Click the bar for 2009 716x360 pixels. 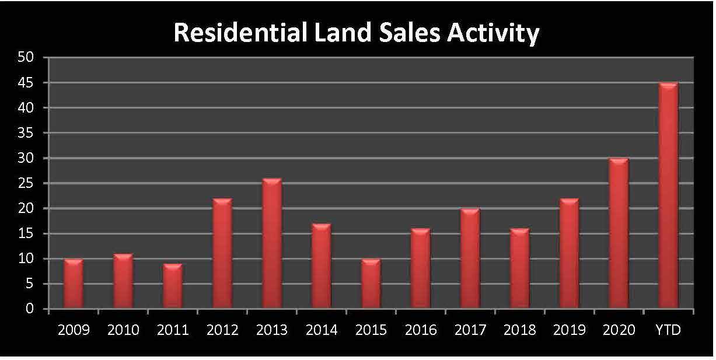(74, 284)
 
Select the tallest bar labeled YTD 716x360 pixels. (668, 195)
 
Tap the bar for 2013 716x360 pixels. (272, 243)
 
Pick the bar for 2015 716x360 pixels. (371, 284)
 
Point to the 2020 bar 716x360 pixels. (619, 233)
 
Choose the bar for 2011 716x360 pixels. (173, 286)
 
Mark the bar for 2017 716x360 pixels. (470, 258)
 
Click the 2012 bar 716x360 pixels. (222, 253)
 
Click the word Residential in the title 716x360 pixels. (239, 33)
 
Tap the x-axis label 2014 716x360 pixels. (322, 330)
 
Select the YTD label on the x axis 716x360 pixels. (668, 330)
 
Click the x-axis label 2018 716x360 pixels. (520, 330)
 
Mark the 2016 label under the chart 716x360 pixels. (421, 330)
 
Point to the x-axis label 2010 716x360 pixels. (123, 330)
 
